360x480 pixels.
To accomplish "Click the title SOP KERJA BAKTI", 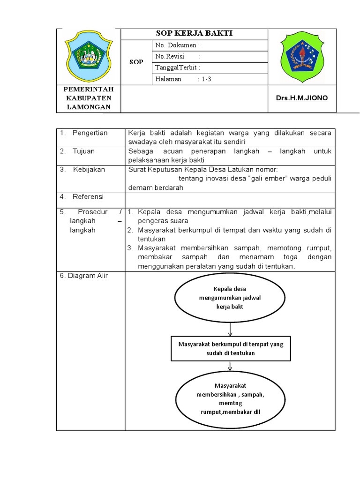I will coord(194,33).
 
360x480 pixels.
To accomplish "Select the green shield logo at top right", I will coord(302,57).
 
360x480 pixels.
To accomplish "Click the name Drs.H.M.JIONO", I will coord(302,98).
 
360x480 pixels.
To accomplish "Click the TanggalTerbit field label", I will coord(178,68).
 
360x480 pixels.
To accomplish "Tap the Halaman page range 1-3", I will coord(207,79).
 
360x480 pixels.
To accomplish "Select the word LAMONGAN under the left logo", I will coord(88,107).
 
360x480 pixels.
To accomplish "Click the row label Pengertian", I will coord(90,133).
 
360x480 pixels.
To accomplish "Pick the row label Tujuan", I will coord(83,151).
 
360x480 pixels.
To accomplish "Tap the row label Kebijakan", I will coord(89,169).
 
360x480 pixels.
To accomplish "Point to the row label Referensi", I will coord(88,196).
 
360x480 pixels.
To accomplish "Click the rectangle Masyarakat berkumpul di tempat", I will coord(231,348).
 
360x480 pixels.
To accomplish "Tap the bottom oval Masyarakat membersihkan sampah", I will coord(230,398).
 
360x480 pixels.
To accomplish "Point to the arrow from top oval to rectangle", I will coord(230,329).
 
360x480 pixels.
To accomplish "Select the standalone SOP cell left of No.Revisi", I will coord(137,62).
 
